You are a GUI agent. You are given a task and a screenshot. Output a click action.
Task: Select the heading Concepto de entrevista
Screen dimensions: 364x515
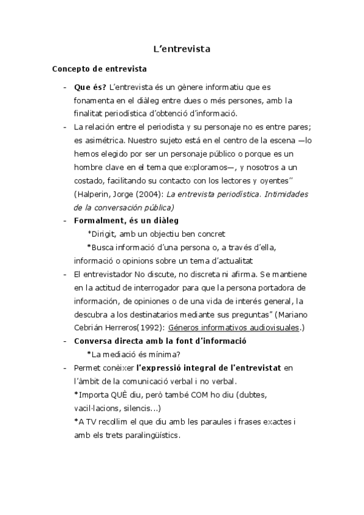point(98,69)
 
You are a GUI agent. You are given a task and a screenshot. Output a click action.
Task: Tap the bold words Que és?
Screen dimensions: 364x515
point(90,87)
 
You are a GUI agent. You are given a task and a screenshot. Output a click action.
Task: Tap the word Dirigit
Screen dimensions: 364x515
point(103,233)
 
